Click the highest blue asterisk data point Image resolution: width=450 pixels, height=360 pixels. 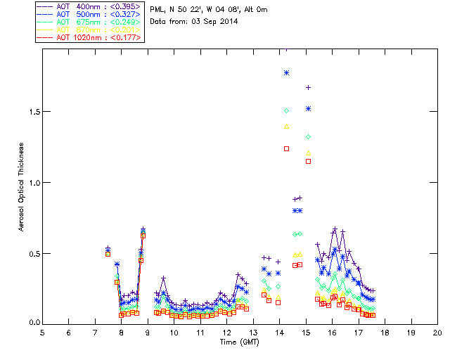pyautogui.click(x=287, y=72)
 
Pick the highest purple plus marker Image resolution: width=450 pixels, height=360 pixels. pyautogui.click(x=308, y=87)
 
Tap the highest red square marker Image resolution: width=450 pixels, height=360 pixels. pyautogui.click(x=287, y=148)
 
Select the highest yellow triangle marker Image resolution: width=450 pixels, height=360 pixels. pyautogui.click(x=287, y=127)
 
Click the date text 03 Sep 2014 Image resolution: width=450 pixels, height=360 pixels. pyautogui.click(x=215, y=21)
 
